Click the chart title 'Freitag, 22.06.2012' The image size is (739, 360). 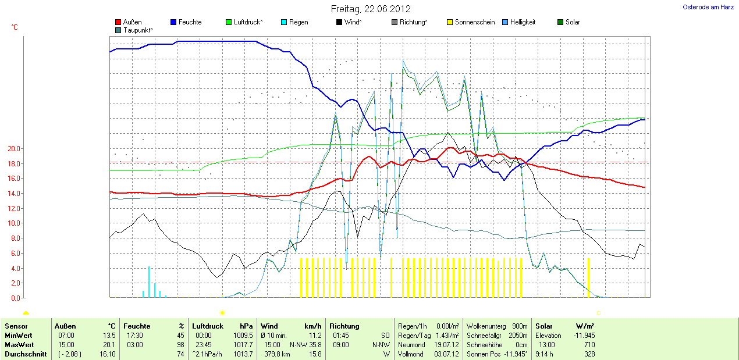[371, 9]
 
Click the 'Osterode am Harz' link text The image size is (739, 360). [708, 7]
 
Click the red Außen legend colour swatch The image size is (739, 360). [118, 22]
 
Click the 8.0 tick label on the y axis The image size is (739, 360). [15, 238]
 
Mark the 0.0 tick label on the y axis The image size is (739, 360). [15, 298]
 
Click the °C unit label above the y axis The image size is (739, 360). [15, 27]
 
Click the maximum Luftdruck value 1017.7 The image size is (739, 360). [243, 344]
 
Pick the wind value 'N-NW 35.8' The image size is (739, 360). [305, 344]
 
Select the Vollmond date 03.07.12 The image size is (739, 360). [447, 354]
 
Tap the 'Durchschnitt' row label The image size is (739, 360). [26, 354]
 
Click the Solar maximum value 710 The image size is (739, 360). [589, 344]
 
